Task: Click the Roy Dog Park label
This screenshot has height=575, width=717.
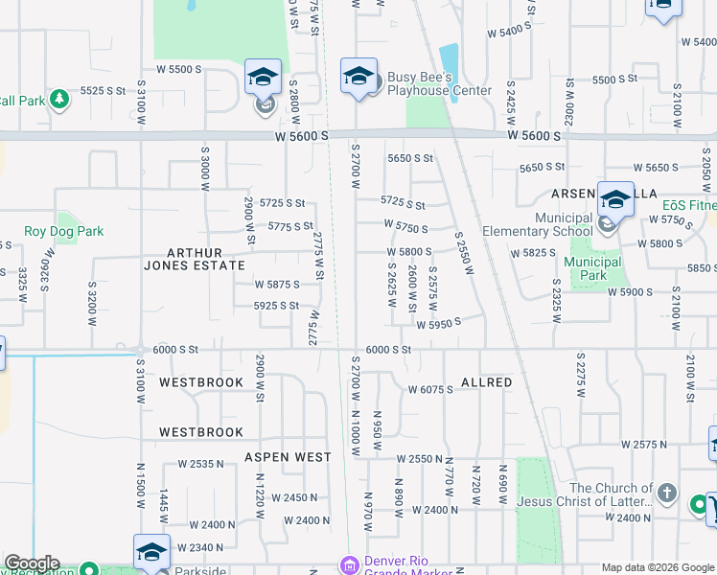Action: [63, 231]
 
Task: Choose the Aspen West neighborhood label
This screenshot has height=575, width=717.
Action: [287, 457]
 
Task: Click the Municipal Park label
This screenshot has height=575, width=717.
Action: [592, 268]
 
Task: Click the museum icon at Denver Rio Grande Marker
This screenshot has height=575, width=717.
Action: [350, 566]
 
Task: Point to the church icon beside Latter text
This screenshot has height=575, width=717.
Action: [668, 495]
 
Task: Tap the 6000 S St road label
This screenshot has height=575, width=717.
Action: [387, 350]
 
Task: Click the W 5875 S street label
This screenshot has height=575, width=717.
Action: [276, 285]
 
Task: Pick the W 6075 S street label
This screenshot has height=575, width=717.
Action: [430, 390]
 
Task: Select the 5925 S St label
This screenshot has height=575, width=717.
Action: [278, 306]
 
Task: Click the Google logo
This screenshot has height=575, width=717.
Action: [32, 563]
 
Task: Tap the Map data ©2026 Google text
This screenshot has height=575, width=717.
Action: [658, 567]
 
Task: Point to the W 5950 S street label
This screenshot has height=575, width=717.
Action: [438, 323]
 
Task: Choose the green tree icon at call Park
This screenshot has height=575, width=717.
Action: [59, 99]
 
